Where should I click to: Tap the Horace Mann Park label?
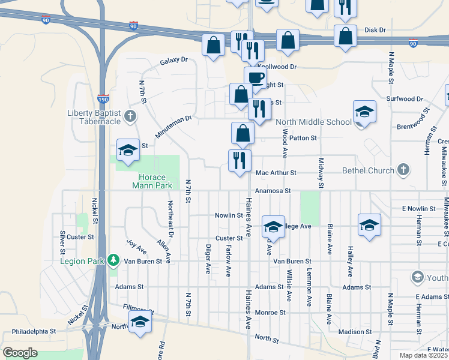click(x=147, y=181)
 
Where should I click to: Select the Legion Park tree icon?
click(x=113, y=261)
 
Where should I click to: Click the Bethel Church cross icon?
click(x=403, y=170)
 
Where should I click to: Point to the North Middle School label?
click(x=313, y=122)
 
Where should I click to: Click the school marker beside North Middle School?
click(x=364, y=113)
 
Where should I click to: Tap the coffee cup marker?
click(x=255, y=77)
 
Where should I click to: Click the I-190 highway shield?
click(x=104, y=97)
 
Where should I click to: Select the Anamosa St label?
click(x=272, y=191)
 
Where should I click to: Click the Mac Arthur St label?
click(x=276, y=173)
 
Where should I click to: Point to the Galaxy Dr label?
click(x=174, y=61)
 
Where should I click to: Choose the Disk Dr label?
click(x=375, y=29)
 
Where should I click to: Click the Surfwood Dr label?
click(x=406, y=98)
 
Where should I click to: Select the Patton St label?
click(x=302, y=138)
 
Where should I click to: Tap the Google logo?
click(x=20, y=353)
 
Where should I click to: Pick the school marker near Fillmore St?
click(x=140, y=322)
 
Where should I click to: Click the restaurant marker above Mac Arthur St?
click(x=238, y=161)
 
